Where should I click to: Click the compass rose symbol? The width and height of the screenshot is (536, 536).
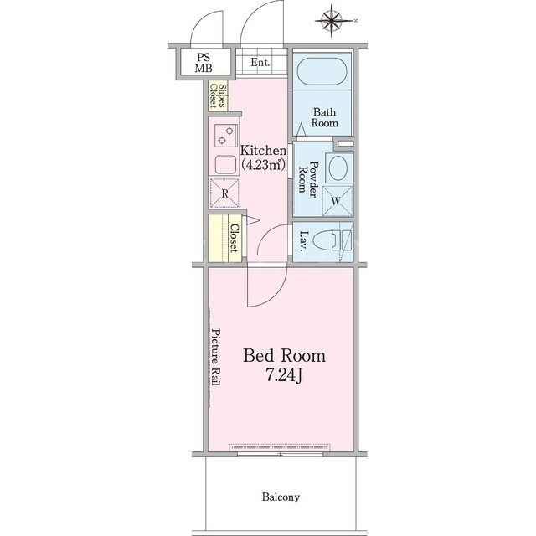(x=332, y=21)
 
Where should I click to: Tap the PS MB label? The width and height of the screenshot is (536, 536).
(x=204, y=63)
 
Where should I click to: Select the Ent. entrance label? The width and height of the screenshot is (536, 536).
(x=260, y=62)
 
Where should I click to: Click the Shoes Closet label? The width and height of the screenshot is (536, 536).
(x=218, y=95)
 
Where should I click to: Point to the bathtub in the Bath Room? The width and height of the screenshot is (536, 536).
(x=322, y=71)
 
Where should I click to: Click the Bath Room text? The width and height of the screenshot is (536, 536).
(x=324, y=117)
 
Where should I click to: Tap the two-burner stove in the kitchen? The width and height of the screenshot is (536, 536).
(x=225, y=135)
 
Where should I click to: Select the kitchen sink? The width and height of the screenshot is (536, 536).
(x=225, y=164)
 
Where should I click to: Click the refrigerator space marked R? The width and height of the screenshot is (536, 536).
(x=224, y=193)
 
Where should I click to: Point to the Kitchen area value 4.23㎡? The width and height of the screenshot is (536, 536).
(x=263, y=165)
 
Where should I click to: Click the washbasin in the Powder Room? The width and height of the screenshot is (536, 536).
(x=338, y=167)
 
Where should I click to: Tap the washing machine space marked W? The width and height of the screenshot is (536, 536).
(x=337, y=201)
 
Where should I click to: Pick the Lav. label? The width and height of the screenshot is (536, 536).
(x=303, y=241)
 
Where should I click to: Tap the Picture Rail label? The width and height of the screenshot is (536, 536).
(x=215, y=357)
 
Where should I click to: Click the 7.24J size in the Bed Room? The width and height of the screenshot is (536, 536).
(x=285, y=376)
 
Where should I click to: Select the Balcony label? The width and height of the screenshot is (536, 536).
(x=281, y=497)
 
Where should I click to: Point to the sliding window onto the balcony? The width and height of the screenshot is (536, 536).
(x=280, y=454)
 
